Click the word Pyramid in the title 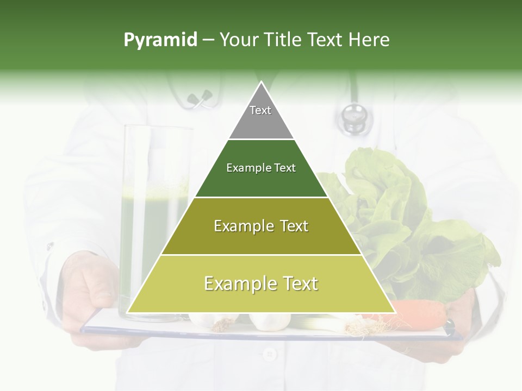[x=160, y=40]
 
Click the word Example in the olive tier [x=238, y=226]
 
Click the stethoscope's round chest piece [x=353, y=116]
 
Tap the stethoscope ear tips [x=200, y=98]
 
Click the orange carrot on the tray [x=419, y=313]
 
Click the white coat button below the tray [x=269, y=355]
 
